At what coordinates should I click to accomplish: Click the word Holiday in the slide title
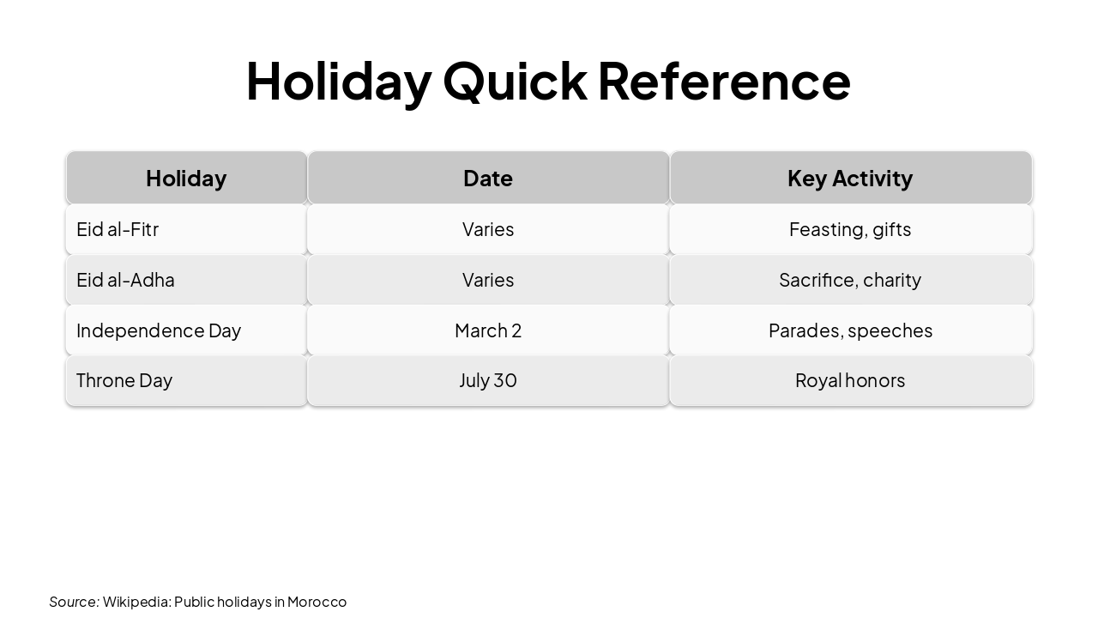pos(338,81)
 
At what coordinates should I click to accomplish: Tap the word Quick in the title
pos(515,81)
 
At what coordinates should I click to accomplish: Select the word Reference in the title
pos(723,81)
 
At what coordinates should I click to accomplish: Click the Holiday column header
pos(186,178)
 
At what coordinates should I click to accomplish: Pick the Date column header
pos(488,178)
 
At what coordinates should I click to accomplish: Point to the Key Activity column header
pos(850,178)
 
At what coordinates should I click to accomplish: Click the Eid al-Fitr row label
pos(118,229)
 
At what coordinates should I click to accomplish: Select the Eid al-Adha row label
pos(125,280)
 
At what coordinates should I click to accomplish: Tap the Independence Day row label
pos(159,330)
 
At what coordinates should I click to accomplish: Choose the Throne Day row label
pos(124,380)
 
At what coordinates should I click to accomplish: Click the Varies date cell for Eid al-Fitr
pos(488,229)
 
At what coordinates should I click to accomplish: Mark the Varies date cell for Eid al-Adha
pos(488,280)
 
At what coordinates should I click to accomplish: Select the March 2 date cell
pos(488,330)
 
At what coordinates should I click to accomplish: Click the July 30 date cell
pos(488,380)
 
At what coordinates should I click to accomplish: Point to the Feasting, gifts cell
pos(850,229)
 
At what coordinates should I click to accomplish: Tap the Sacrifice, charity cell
pos(850,280)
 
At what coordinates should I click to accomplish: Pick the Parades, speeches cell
pos(850,330)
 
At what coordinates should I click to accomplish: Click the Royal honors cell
pos(850,380)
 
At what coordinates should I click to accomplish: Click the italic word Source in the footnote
pos(73,602)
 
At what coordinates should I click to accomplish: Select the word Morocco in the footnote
pos(317,602)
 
